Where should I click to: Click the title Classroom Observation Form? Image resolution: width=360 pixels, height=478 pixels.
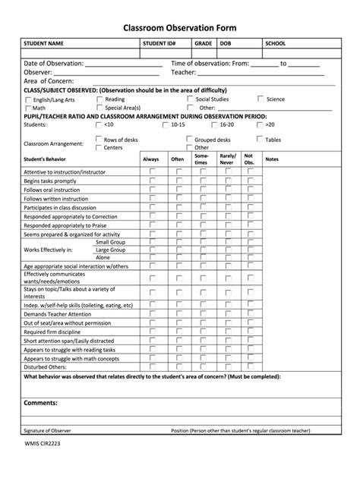point(180,28)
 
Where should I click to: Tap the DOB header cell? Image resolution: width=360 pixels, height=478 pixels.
point(226,44)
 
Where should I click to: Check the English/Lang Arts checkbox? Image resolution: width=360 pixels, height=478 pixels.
point(28,99)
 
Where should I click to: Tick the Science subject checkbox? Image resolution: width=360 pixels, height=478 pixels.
point(261,99)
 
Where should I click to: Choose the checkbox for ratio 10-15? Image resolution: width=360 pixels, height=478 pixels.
point(166,124)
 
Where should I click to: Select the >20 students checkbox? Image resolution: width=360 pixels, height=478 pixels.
point(261,124)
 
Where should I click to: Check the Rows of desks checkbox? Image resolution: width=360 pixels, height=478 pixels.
point(98,140)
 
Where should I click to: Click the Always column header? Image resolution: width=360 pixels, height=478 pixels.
point(151,159)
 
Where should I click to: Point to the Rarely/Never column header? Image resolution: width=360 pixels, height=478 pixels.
point(226,159)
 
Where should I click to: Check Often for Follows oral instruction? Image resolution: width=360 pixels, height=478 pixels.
point(178,190)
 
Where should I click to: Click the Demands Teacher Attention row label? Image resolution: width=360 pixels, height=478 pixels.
point(58,313)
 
